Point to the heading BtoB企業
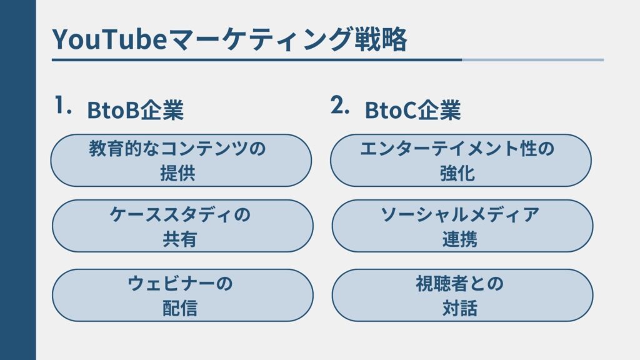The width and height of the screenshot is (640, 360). (x=135, y=111)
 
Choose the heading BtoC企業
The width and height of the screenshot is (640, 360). (x=412, y=111)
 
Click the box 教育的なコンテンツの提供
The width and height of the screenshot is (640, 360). (x=181, y=161)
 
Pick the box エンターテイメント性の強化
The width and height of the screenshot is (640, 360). (x=461, y=161)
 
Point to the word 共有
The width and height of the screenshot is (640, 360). (x=180, y=239)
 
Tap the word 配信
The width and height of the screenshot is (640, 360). (x=180, y=308)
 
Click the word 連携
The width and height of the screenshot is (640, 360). (x=459, y=239)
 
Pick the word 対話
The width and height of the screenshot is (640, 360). (x=459, y=308)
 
